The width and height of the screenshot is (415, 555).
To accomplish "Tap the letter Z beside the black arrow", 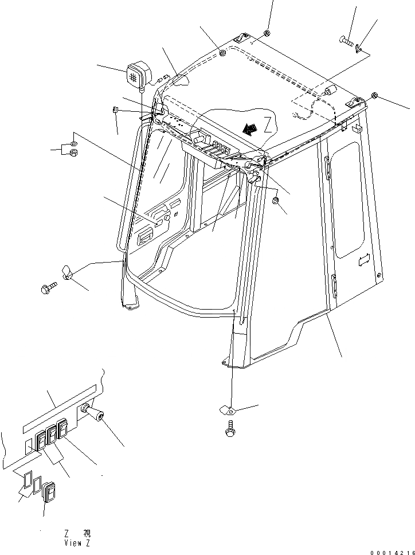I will click(267, 122).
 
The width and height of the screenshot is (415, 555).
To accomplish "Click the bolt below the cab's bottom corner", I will click(230, 429).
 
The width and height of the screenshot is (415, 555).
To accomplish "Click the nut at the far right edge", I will click(374, 95).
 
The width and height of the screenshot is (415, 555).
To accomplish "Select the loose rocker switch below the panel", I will click(49, 492).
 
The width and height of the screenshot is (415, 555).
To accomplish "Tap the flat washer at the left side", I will click(75, 143).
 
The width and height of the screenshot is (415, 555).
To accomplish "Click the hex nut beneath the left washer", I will click(73, 153).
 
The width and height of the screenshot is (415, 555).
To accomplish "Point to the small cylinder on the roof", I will click(329, 92).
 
